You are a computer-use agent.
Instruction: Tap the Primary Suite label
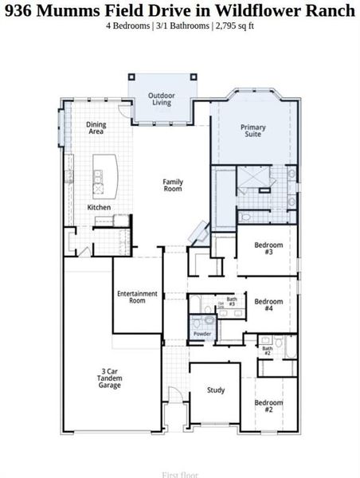(x=253, y=131)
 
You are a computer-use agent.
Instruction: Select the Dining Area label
(x=96, y=127)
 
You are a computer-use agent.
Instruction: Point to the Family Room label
(x=173, y=185)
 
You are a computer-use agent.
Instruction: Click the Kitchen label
(x=99, y=208)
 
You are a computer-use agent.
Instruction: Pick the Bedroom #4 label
(x=268, y=305)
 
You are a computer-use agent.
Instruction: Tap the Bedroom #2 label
(x=268, y=406)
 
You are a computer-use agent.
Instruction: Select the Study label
(x=215, y=390)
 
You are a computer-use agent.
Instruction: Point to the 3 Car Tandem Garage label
(x=110, y=378)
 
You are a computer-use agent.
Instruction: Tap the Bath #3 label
(x=232, y=302)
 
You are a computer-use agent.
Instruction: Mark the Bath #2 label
(x=268, y=349)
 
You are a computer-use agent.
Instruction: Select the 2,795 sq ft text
(x=233, y=25)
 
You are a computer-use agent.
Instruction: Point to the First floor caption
(x=180, y=474)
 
